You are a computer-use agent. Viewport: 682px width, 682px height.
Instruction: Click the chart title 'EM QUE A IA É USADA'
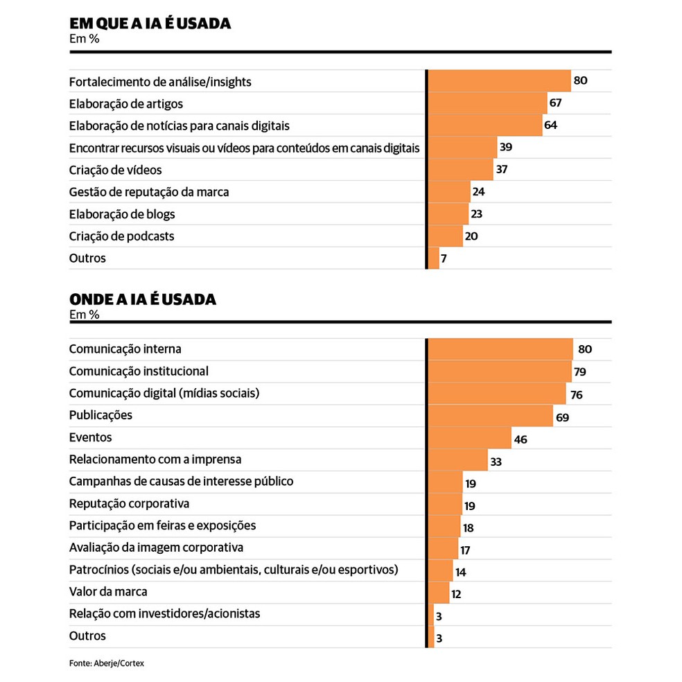150,24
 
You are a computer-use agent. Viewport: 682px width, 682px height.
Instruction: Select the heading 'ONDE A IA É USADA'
143,299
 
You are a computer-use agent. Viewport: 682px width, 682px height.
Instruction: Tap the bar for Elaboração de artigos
487,103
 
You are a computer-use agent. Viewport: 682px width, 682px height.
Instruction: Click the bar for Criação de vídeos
460,170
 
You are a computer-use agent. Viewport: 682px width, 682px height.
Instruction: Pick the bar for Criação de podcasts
445,236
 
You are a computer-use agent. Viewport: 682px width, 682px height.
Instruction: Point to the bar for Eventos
469,438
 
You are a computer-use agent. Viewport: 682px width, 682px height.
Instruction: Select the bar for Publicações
490,416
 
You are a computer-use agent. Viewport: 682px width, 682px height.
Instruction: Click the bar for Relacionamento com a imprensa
457,460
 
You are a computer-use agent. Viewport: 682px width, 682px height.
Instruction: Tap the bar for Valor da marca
439,593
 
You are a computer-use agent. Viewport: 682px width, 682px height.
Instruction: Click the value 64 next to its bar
551,125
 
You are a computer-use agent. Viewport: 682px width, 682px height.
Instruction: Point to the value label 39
506,148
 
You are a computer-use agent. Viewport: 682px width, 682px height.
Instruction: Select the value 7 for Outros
444,259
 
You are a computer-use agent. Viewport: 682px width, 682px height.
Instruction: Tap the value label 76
576,395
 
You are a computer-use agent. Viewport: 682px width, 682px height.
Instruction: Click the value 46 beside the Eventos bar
521,439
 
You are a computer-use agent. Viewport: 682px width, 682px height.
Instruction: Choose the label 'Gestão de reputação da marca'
149,192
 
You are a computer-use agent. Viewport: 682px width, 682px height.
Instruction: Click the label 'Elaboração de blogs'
122,214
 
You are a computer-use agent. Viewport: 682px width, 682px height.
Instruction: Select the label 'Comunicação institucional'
139,371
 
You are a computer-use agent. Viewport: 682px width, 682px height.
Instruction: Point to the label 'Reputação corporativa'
129,504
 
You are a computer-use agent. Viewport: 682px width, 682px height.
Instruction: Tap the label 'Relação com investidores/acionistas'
165,614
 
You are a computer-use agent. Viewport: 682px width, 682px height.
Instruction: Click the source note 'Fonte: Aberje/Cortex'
107,663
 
